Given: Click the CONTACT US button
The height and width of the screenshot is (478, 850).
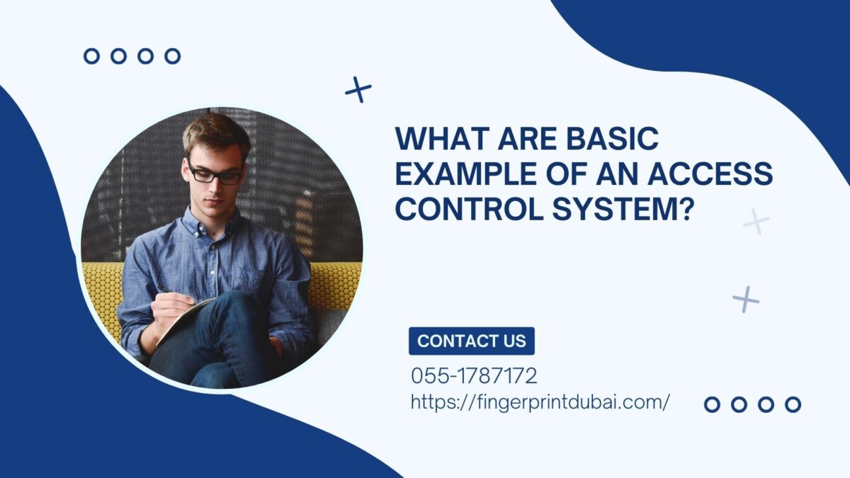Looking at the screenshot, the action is pyautogui.click(x=472, y=341).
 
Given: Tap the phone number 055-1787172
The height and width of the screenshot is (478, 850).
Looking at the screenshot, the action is pyautogui.click(x=474, y=376).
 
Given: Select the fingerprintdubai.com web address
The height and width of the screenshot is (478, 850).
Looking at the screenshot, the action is pyautogui.click(x=540, y=402).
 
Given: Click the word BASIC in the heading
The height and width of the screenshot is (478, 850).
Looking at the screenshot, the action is pyautogui.click(x=613, y=139).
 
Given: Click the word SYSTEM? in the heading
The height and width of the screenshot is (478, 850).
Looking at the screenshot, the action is pyautogui.click(x=621, y=210).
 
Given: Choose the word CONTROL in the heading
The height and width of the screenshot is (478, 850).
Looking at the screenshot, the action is pyautogui.click(x=470, y=210).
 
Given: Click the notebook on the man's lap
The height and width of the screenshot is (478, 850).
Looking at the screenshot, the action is pyautogui.click(x=183, y=321).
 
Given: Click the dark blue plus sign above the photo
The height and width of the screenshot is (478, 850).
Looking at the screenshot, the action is pyautogui.click(x=358, y=90).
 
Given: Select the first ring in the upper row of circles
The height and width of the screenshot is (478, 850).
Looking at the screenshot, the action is pyautogui.click(x=91, y=56).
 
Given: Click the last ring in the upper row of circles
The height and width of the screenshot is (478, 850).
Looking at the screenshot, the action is pyautogui.click(x=173, y=56).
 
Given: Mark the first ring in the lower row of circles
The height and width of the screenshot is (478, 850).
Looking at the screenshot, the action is pyautogui.click(x=712, y=404).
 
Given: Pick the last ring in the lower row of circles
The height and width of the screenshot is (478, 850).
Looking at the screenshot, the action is pyautogui.click(x=793, y=404).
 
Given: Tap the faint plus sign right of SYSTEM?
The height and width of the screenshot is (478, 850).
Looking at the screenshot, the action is pyautogui.click(x=756, y=221).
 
